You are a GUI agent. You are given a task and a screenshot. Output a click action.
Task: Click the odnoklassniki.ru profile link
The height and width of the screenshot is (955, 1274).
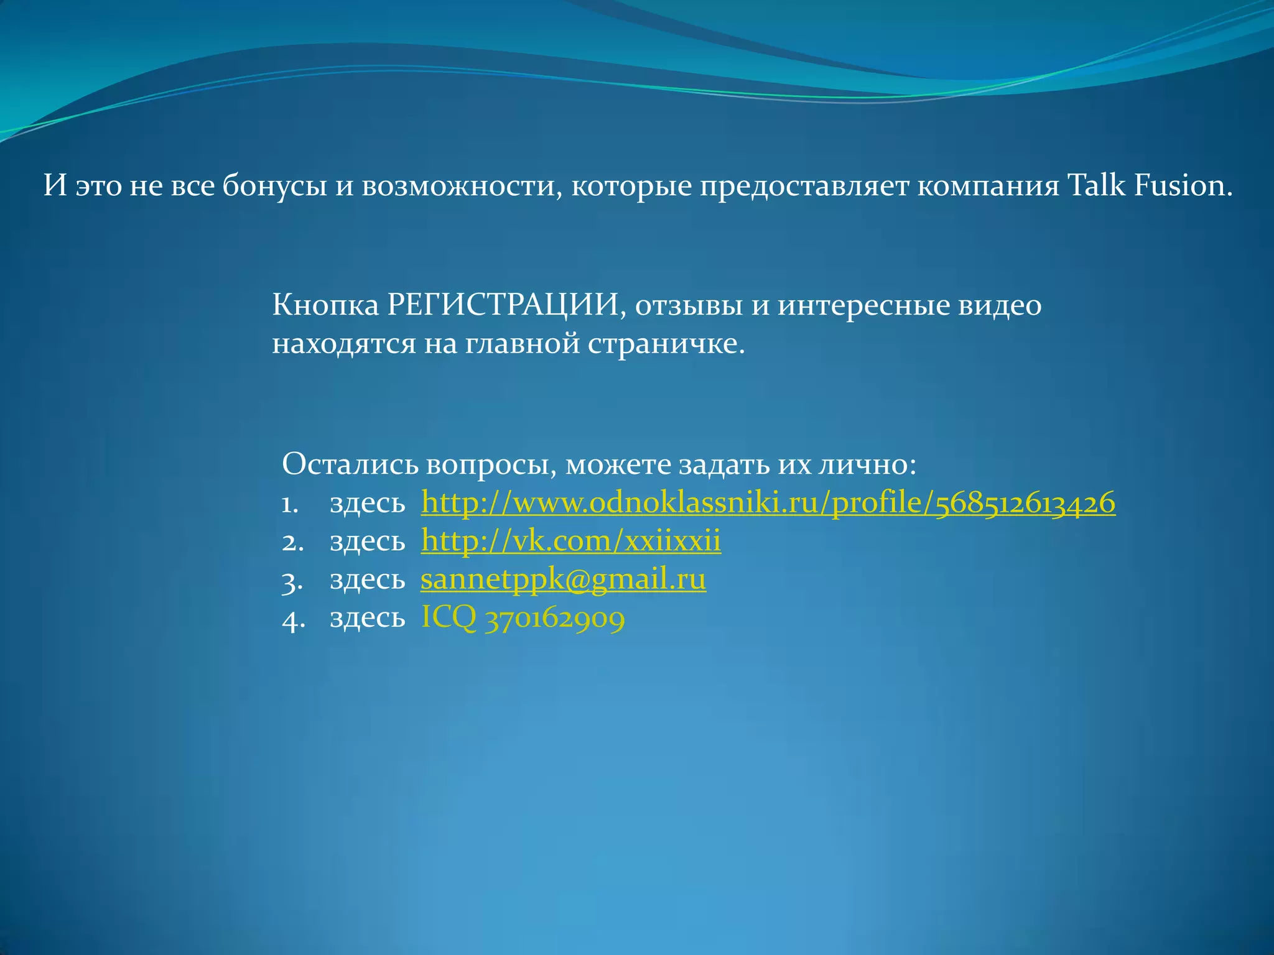[x=768, y=503]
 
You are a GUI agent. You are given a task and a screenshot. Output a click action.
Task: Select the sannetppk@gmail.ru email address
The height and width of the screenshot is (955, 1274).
[x=563, y=579]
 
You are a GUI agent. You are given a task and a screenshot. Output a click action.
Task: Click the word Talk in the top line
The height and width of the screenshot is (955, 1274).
[x=1095, y=185]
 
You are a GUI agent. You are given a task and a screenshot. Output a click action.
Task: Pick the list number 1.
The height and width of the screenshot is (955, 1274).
[x=289, y=504]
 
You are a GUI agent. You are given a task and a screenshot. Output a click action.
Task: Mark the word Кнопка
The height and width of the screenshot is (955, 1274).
[x=325, y=305]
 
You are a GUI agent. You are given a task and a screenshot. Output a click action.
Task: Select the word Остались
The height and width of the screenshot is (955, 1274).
[x=350, y=464]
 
